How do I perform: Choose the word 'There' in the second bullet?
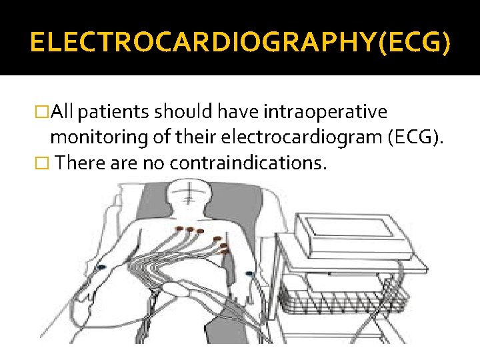point(79,163)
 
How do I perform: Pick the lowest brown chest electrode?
point(225,253)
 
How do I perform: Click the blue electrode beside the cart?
point(249,273)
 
